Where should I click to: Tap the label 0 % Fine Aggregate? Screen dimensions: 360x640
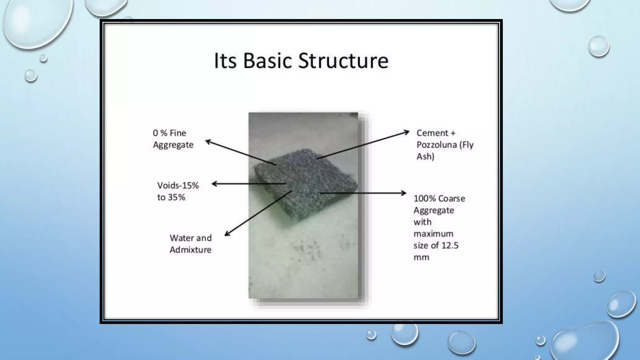click(173, 139)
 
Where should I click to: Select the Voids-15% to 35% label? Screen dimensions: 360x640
click(178, 191)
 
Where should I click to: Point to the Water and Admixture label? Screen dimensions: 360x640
click(190, 244)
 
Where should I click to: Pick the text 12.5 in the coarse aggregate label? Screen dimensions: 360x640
click(450, 246)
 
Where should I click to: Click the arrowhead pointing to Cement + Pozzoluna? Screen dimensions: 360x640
click(407, 132)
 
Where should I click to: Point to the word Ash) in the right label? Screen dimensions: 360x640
click(425, 157)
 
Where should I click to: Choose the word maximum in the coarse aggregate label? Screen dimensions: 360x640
click(433, 234)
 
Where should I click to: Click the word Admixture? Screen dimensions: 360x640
click(190, 250)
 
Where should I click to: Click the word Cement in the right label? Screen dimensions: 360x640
click(432, 133)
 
